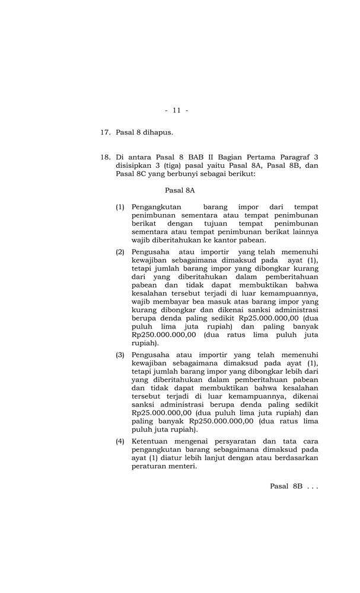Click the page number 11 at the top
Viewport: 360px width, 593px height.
pos(176,110)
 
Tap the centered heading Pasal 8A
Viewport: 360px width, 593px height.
pos(180,191)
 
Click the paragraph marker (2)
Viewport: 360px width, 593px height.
pos(120,252)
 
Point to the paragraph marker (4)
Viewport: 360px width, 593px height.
pos(120,441)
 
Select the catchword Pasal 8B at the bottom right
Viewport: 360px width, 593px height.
pos(286,486)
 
